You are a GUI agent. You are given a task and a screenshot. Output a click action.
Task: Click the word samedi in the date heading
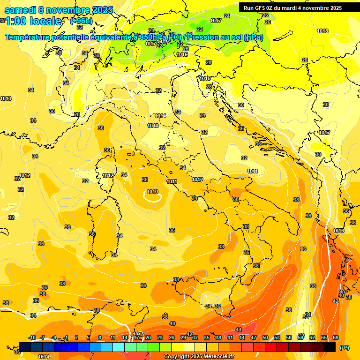point(19,10)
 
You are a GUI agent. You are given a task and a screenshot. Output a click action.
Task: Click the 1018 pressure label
point(322,31)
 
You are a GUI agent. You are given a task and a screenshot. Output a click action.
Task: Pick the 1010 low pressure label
point(152,192)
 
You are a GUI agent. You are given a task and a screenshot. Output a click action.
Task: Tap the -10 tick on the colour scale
point(32,337)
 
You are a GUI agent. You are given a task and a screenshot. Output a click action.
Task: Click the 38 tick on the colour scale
point(218,337)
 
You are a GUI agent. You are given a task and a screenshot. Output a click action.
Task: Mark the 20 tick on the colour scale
point(148,337)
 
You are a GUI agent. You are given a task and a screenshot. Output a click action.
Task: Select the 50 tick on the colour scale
point(265,337)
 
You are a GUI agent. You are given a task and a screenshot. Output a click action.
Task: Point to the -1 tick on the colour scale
point(66,337)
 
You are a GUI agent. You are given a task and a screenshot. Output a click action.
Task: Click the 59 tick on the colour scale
point(300,337)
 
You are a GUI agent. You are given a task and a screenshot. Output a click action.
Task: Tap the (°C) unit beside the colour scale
point(345,348)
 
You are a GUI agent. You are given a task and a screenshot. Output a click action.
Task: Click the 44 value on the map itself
point(239,330)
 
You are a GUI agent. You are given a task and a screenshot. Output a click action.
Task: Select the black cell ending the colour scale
point(330,347)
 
